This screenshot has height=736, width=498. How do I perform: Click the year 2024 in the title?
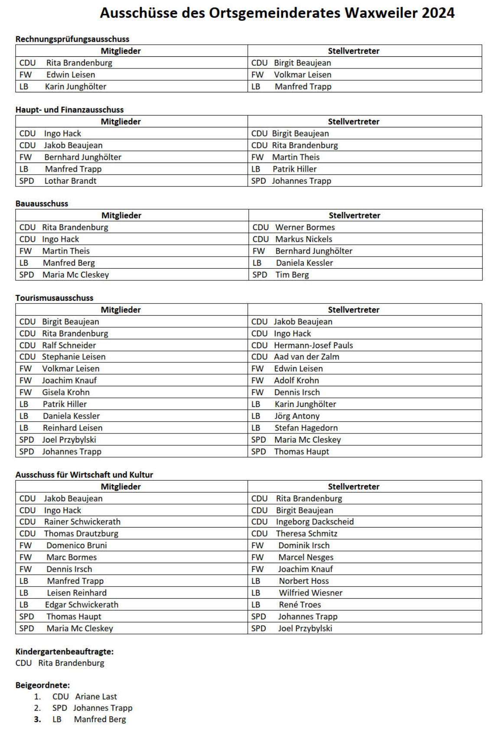438,13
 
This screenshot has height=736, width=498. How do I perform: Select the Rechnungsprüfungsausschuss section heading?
72,39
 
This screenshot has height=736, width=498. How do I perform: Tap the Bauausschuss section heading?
42,203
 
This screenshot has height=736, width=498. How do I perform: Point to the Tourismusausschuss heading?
54,298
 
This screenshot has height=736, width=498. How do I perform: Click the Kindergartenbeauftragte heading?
64,651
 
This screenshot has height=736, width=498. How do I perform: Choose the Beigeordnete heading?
42,685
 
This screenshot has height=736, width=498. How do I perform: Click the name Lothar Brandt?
70,181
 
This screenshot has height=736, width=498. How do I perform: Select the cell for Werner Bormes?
305,227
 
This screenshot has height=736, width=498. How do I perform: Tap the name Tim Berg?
292,274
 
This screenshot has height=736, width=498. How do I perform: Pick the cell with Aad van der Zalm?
306,357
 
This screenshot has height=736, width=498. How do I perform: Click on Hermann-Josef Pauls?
313,345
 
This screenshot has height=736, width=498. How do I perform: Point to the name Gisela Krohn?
66,392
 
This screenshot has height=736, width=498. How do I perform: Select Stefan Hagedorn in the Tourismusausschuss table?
306,428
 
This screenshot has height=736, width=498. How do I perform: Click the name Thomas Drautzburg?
81,534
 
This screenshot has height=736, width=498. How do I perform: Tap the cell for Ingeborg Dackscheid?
315,522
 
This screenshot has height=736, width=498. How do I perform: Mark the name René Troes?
300,605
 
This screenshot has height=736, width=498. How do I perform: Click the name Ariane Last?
96,697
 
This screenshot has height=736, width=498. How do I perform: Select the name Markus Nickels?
304,239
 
